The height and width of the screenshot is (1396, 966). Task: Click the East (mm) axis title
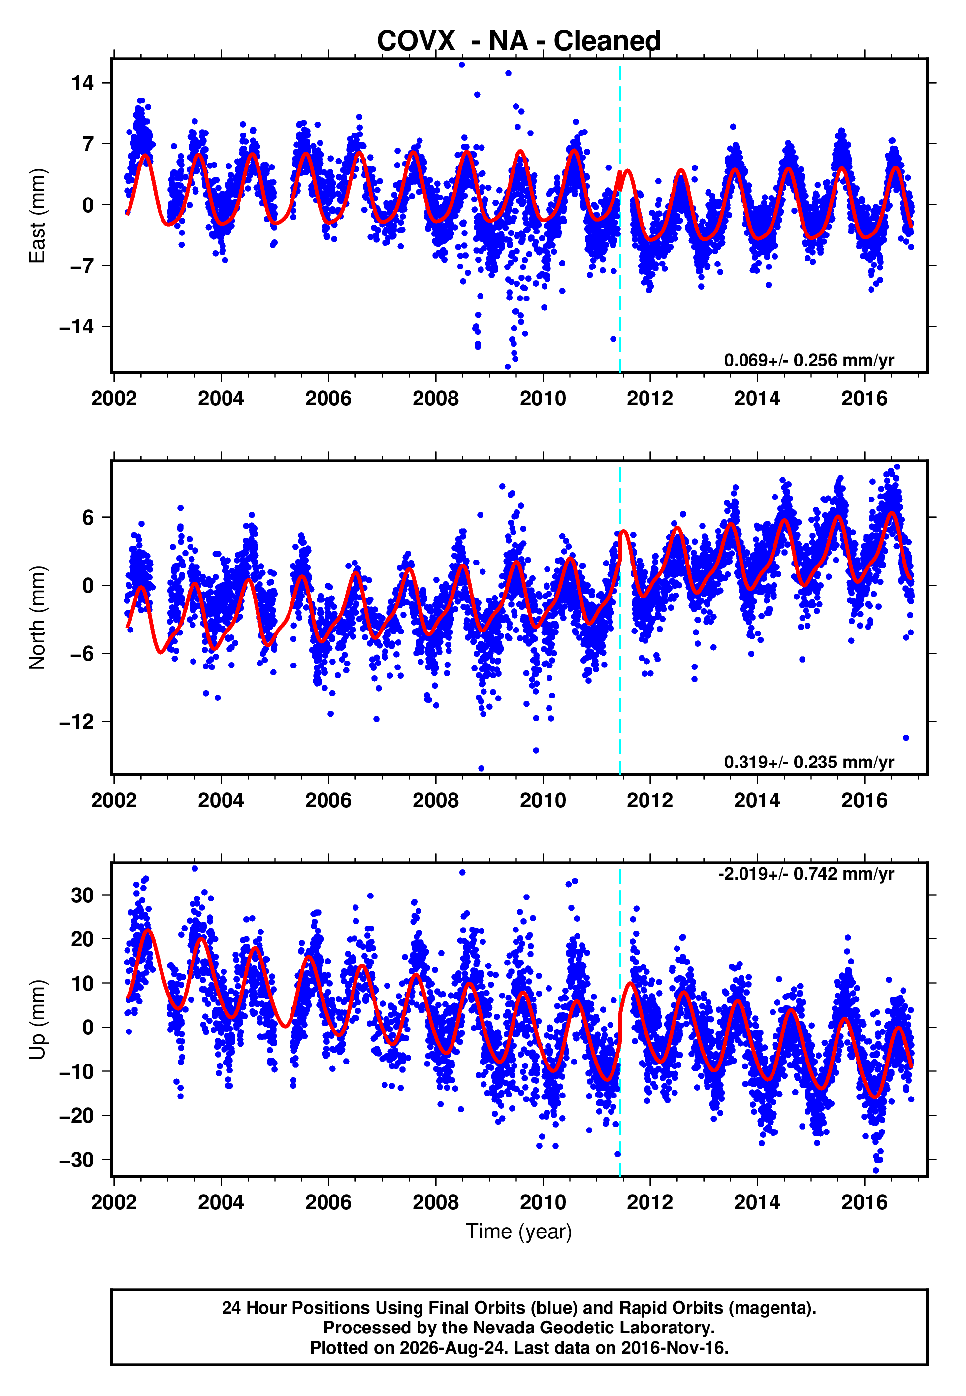37,216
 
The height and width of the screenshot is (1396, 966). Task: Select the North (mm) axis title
37,618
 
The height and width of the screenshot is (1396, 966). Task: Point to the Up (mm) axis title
37,1020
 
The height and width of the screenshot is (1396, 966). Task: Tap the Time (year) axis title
519,1231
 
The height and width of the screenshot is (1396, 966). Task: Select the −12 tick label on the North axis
76,722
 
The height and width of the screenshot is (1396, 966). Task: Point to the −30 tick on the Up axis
76,1160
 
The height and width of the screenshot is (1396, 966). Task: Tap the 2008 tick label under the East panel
436,399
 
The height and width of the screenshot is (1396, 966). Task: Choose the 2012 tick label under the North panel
650,800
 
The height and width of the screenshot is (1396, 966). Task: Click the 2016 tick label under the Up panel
864,1202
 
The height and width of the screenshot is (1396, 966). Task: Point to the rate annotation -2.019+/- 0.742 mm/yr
805,874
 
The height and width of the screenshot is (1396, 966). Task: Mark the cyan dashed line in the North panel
620,618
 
